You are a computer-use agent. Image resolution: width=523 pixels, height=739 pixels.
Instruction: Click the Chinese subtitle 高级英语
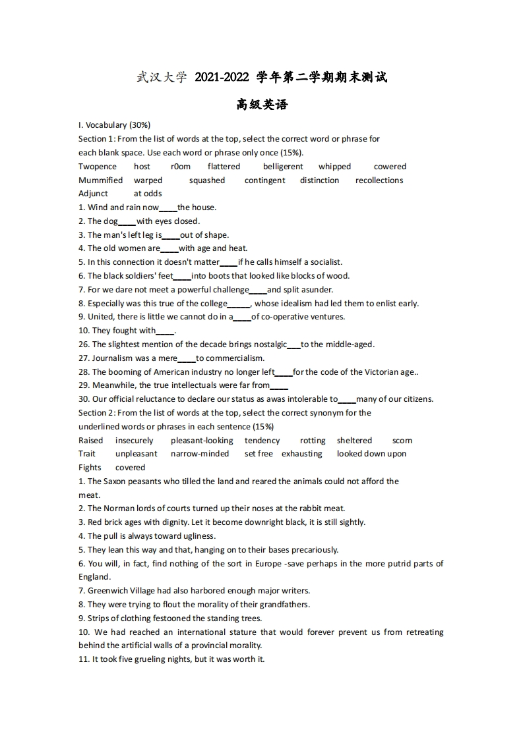tap(262, 105)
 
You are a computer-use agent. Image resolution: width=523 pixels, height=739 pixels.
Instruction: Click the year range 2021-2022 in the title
tap(222, 78)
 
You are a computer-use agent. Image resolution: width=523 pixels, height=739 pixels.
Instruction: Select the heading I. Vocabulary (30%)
tap(115, 125)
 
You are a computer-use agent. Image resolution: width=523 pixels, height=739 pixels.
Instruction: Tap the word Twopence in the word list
tap(98, 167)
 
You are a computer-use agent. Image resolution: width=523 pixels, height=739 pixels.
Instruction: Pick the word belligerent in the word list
tap(283, 167)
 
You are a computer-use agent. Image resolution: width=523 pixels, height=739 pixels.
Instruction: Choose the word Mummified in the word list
tap(101, 180)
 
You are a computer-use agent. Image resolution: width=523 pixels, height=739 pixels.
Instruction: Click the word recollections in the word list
tap(379, 180)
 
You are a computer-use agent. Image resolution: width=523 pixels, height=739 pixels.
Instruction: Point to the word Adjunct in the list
tap(93, 194)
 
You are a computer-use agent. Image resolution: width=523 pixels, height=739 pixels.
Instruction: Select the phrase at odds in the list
tap(148, 194)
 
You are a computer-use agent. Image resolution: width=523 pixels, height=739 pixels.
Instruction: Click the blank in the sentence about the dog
tap(127, 222)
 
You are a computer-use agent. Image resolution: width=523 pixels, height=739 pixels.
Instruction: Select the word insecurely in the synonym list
tap(135, 441)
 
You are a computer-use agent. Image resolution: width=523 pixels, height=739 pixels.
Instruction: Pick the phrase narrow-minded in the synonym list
tap(200, 454)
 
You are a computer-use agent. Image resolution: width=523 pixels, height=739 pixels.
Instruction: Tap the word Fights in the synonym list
tap(90, 468)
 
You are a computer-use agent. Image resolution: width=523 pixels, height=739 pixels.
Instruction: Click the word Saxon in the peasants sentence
tap(114, 481)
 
